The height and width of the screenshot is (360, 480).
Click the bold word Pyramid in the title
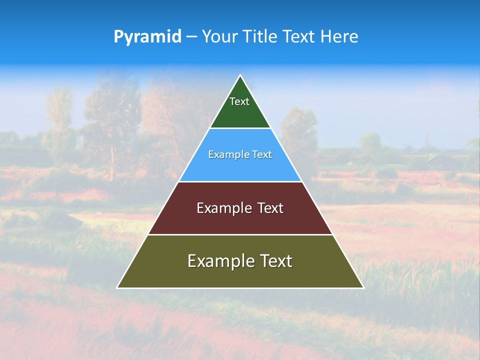tap(147, 37)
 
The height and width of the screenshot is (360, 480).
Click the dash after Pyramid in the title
tap(191, 37)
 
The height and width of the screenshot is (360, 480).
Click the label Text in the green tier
tap(239, 101)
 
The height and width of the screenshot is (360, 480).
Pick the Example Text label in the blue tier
tap(240, 154)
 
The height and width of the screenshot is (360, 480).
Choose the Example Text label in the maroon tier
tap(240, 208)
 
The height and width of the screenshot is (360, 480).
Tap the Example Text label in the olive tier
tap(240, 261)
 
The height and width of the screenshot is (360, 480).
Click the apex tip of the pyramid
tap(240, 75)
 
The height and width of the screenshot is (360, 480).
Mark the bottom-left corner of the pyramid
tap(117, 287)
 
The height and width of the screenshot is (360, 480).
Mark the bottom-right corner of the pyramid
tap(363, 287)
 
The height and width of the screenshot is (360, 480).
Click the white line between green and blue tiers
tap(240, 128)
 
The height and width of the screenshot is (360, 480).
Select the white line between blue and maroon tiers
tap(240, 181)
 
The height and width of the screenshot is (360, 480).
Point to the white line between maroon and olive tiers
tap(240, 234)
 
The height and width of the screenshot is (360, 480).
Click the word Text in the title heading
tap(300, 37)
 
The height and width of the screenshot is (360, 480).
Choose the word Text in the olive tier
tap(276, 261)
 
